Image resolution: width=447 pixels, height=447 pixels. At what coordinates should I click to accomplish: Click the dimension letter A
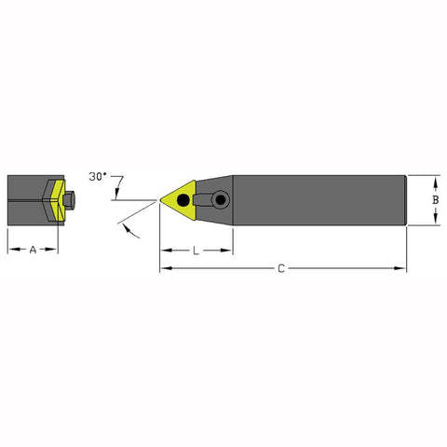pyautogui.click(x=34, y=250)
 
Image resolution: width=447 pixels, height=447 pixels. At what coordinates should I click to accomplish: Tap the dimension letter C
pyautogui.click(x=281, y=269)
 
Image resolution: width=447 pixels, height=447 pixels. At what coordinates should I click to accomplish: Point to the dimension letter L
pyautogui.click(x=196, y=251)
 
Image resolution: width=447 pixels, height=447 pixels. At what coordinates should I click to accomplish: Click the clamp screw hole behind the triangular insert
pyautogui.click(x=221, y=197)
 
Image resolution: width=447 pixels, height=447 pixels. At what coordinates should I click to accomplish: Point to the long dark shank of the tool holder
pyautogui.click(x=317, y=199)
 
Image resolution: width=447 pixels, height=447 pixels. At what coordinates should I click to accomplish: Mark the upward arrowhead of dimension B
pyautogui.click(x=438, y=178)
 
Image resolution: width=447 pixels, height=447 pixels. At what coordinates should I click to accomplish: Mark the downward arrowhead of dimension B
pyautogui.click(x=438, y=221)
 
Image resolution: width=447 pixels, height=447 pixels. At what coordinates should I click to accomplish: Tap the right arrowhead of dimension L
pyautogui.click(x=228, y=250)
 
